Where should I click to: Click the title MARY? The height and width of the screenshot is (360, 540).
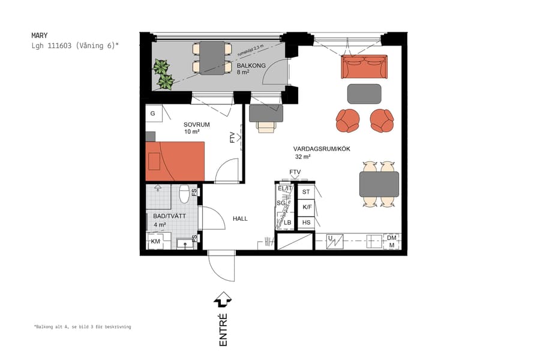click(40, 35)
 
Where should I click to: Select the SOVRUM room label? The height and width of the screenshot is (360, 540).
click(196, 125)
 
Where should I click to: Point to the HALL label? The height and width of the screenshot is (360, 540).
click(240, 218)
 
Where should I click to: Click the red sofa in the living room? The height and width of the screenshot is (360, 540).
click(364, 67)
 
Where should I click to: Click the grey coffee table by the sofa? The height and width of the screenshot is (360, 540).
click(364, 94)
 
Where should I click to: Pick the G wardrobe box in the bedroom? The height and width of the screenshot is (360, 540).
click(153, 113)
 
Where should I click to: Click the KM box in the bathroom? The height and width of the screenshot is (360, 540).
click(155, 242)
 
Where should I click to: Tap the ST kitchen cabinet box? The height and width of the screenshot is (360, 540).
click(306, 192)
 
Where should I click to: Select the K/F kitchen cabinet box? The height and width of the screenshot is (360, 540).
click(306, 207)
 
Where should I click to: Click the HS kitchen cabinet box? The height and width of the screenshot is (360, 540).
click(306, 223)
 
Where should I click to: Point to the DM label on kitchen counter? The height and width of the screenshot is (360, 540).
click(392, 238)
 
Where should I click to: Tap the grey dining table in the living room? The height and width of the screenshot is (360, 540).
click(379, 184)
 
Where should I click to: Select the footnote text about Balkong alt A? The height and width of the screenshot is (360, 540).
click(82, 327)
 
